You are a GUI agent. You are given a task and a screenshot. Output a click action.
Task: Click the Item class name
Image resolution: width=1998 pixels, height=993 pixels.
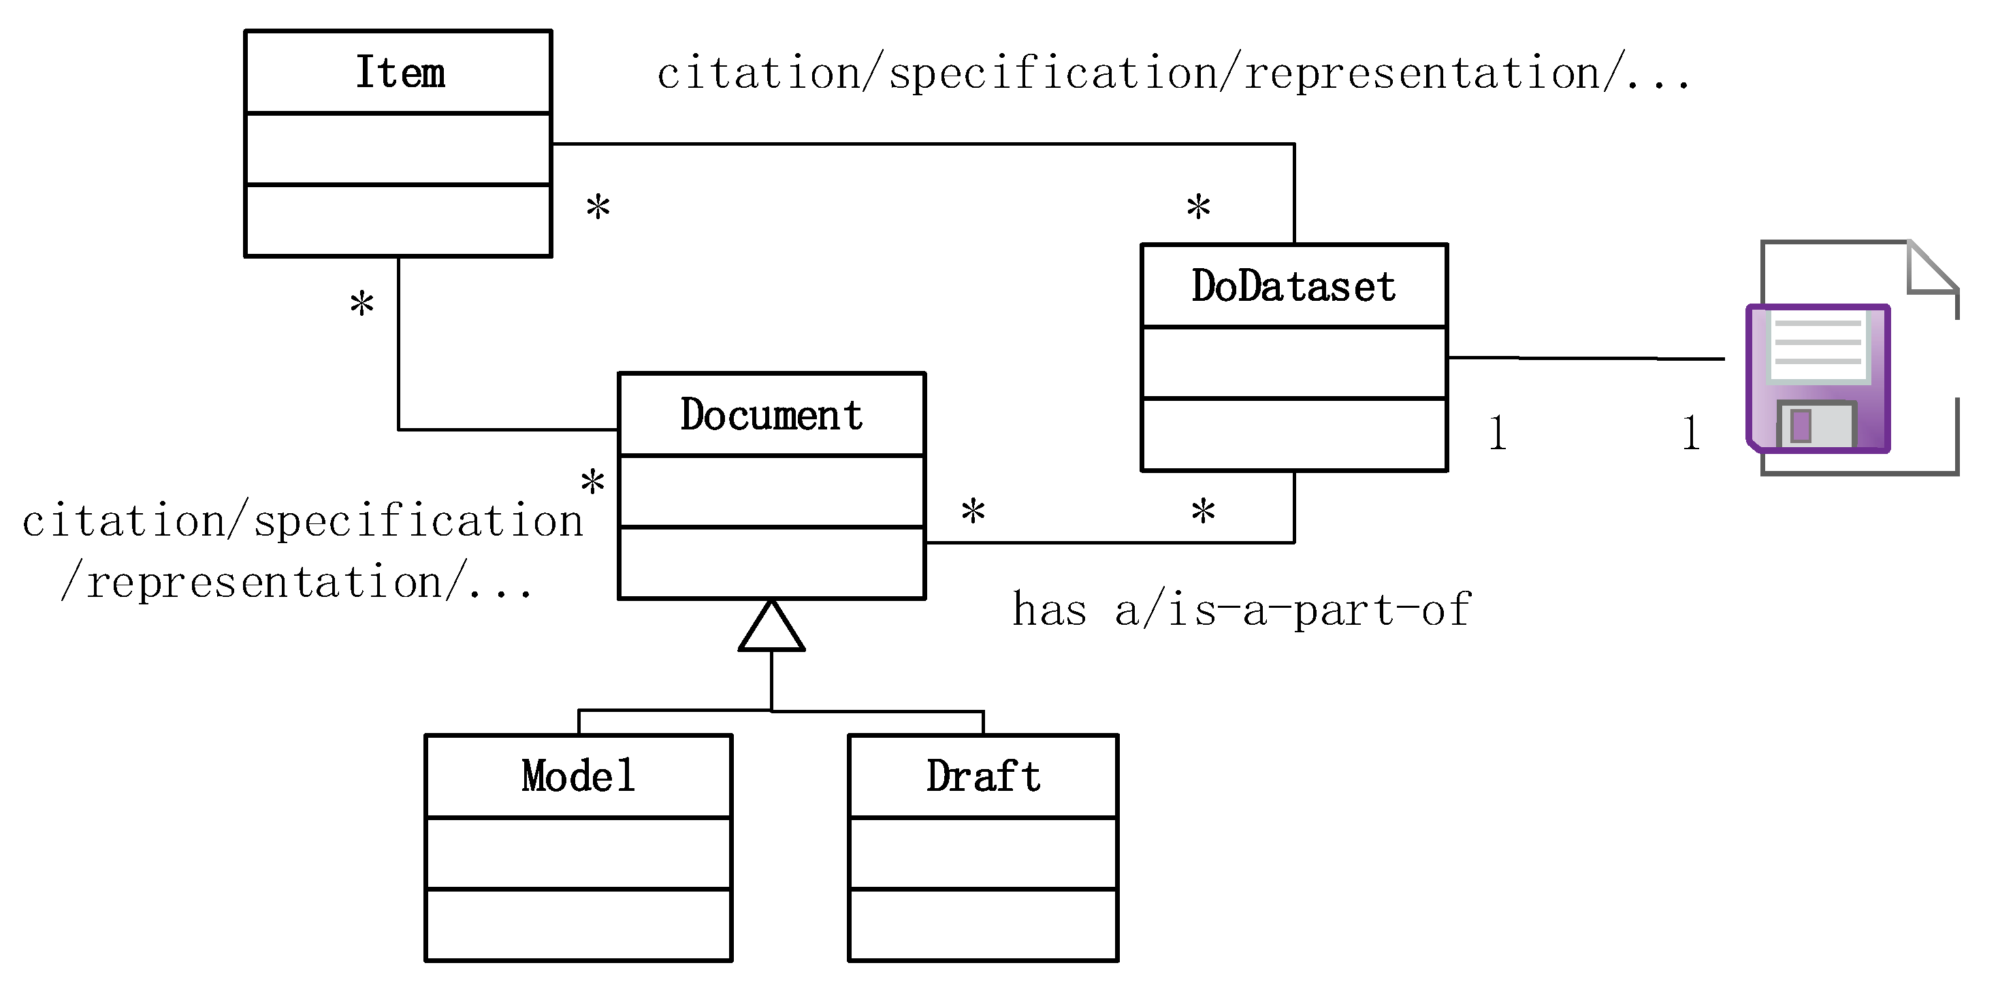pyautogui.click(x=400, y=72)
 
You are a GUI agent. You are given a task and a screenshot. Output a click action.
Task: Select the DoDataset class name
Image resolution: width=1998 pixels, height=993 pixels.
pyautogui.click(x=1293, y=286)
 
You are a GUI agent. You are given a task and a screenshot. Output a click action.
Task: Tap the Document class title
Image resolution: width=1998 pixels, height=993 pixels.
pyautogui.click(x=771, y=414)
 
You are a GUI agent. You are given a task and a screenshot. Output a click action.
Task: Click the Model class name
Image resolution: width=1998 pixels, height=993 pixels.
pyautogui.click(x=578, y=776)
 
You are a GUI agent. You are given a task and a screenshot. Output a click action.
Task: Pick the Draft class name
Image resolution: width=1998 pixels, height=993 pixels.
pyautogui.click(x=983, y=776)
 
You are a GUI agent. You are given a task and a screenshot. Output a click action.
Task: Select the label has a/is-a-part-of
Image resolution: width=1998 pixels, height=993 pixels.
pyautogui.click(x=1241, y=609)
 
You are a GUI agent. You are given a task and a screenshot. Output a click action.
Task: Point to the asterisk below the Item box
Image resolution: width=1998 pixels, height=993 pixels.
pyautogui.click(x=361, y=304)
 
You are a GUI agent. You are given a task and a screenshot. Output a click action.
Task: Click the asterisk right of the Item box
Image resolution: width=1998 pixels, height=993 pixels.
pyautogui.click(x=598, y=207)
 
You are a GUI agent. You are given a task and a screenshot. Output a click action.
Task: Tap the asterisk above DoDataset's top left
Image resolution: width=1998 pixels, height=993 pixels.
pyautogui.click(x=1198, y=207)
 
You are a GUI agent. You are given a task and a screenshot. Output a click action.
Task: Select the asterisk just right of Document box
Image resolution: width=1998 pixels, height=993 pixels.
pyautogui.click(x=973, y=512)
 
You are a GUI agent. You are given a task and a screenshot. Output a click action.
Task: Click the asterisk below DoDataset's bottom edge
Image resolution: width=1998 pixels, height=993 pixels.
pyautogui.click(x=1203, y=512)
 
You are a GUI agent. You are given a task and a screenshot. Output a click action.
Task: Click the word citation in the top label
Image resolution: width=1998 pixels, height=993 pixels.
pyautogui.click(x=758, y=74)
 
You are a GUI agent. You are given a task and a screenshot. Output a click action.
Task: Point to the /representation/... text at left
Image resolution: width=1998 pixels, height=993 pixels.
pyautogui.click(x=296, y=582)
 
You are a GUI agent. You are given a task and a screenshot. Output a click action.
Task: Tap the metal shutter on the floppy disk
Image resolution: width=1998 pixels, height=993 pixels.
pyautogui.click(x=1815, y=425)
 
